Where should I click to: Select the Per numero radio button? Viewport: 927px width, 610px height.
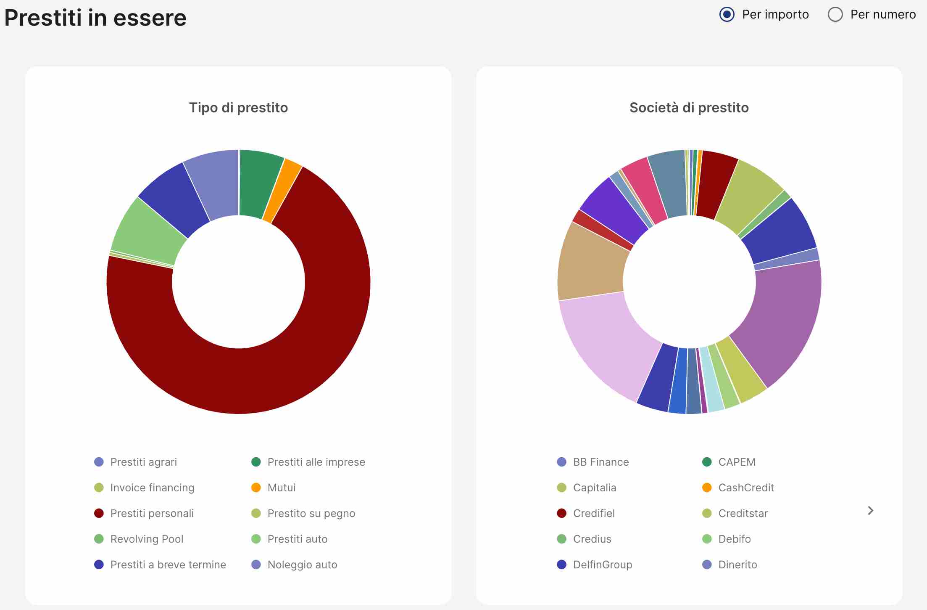click(x=835, y=15)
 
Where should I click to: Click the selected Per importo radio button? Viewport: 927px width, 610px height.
click(x=727, y=15)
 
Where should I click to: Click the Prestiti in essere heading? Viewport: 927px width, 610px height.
click(x=95, y=18)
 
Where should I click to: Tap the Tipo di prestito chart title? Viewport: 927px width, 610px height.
click(x=238, y=108)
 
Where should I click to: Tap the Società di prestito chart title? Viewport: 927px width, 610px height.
click(x=689, y=108)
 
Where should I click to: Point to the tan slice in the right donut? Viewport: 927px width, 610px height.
click(x=593, y=265)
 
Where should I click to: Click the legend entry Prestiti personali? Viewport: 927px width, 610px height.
click(x=152, y=513)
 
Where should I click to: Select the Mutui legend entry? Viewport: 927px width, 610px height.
click(x=281, y=488)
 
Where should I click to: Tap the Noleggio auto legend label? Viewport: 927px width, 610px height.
click(x=302, y=565)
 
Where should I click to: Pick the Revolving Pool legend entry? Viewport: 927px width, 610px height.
click(x=147, y=539)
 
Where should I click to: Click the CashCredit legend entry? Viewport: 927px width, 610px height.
click(x=746, y=488)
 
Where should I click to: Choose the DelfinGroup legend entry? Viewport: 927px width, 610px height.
click(x=602, y=565)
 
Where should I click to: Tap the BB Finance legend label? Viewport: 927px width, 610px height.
click(x=600, y=462)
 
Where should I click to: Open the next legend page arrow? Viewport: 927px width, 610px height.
click(x=870, y=511)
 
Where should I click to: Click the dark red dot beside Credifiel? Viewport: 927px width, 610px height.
click(x=561, y=513)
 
